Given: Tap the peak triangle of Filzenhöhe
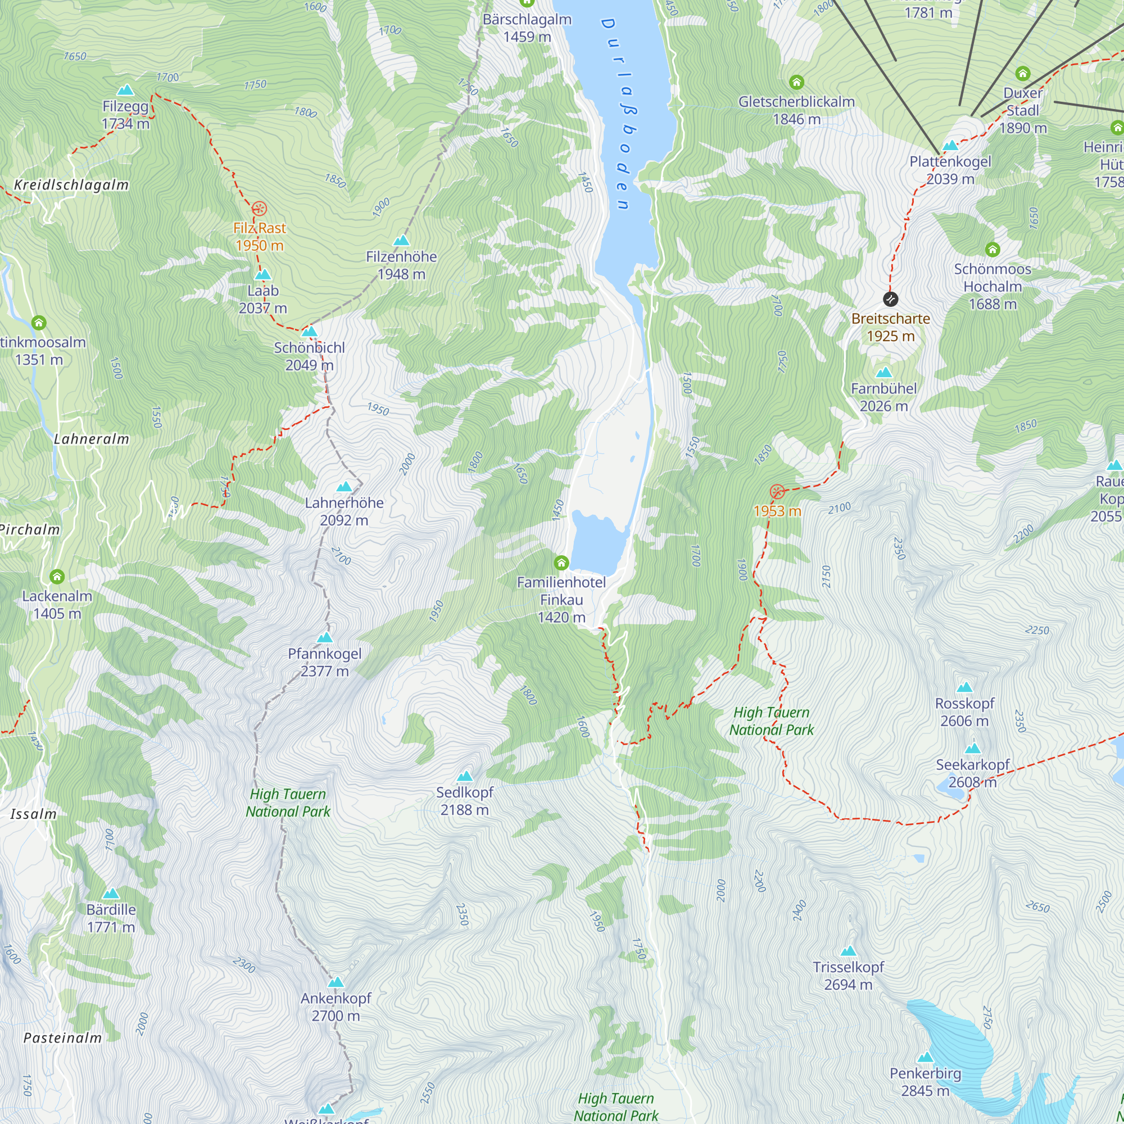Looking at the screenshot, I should pyautogui.click(x=401, y=241).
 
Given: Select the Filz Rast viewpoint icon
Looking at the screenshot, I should pyautogui.click(x=259, y=209).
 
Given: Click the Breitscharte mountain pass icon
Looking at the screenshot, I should pyautogui.click(x=890, y=299).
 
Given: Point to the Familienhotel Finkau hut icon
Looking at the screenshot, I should pyautogui.click(x=561, y=563).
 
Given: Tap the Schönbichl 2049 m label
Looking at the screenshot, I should pyautogui.click(x=309, y=356).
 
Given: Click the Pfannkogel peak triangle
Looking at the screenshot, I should pyautogui.click(x=325, y=638).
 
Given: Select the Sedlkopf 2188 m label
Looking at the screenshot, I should pyautogui.click(x=464, y=801).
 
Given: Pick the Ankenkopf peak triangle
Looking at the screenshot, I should pyautogui.click(x=336, y=982).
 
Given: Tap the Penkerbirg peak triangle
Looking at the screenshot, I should pyautogui.click(x=925, y=1057).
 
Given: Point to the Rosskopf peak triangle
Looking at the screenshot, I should pyautogui.click(x=964, y=687).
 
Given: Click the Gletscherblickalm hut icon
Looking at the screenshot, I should pyautogui.click(x=796, y=82).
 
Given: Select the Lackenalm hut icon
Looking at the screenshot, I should pyautogui.click(x=56, y=577).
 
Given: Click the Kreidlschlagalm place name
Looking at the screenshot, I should pyautogui.click(x=71, y=185).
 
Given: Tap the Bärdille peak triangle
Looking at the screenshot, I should pyautogui.click(x=111, y=894).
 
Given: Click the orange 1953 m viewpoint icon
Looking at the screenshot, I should pyautogui.click(x=777, y=492).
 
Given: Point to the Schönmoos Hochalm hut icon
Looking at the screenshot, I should pyautogui.click(x=992, y=250).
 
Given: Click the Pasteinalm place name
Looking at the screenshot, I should pyautogui.click(x=62, y=1038).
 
